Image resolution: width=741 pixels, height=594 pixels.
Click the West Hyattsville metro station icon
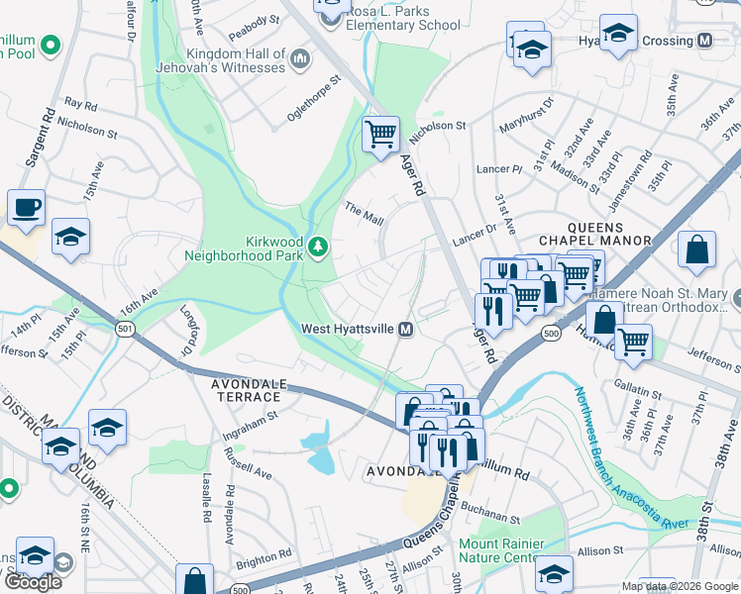405,329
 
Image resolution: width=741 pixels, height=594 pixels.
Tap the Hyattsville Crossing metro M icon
705,41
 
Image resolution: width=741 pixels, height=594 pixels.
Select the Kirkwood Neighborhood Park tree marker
318,246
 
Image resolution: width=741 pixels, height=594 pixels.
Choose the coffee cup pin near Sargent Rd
26,209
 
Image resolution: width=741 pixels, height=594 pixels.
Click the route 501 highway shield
125,329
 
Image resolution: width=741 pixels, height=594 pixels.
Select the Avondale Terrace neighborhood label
245,390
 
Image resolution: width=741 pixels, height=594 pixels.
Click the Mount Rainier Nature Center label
501,550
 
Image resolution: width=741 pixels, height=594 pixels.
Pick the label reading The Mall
363,210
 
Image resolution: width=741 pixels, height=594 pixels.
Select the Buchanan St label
489,518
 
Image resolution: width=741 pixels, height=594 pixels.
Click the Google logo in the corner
33,582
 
